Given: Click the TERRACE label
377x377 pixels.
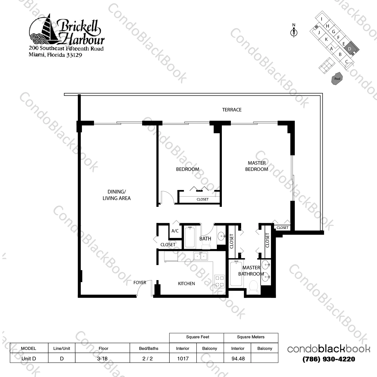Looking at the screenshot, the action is (x=232, y=110).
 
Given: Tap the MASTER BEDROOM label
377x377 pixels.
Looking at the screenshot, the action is (x=257, y=166).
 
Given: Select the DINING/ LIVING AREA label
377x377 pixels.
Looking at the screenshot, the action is (x=117, y=195).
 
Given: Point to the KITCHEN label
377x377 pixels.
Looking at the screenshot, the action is (x=186, y=284).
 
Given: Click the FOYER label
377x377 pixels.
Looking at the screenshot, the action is (x=140, y=283).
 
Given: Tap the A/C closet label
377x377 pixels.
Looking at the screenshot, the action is (x=175, y=231).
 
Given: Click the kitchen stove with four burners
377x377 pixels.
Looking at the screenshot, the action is (x=220, y=281).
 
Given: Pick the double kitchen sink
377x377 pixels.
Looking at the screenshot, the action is (x=201, y=256).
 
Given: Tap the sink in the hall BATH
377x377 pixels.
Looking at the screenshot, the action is (x=221, y=236).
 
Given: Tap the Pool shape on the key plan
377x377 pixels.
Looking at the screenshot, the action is (x=337, y=79).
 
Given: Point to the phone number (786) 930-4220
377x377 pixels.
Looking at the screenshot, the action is (x=329, y=359).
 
